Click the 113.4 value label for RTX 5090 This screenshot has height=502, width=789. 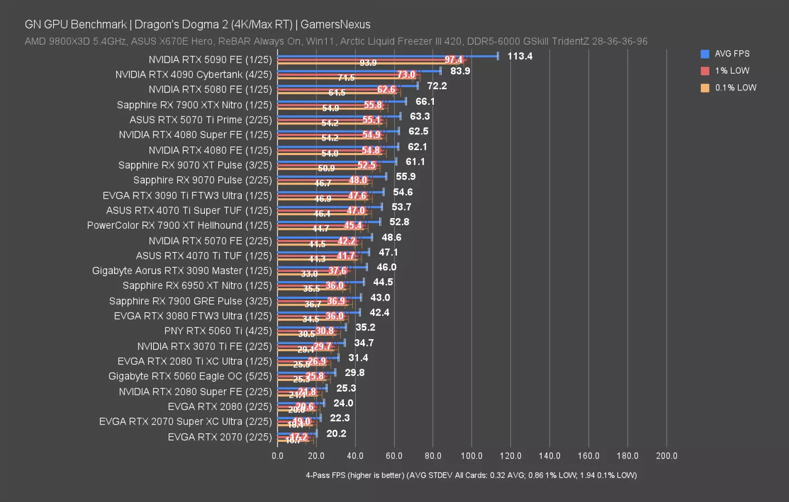tap(519, 56)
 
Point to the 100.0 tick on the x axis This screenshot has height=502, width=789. tap(471, 456)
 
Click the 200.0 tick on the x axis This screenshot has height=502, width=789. tap(666, 456)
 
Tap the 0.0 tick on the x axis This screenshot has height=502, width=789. tap(278, 456)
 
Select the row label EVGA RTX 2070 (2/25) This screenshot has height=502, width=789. tap(219, 437)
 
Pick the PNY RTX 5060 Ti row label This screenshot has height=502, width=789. tap(218, 331)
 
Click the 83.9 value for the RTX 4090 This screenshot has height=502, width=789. tap(460, 71)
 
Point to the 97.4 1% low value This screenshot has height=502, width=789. tap(453, 60)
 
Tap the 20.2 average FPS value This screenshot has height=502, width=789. tap(336, 433)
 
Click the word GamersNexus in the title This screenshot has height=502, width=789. tap(335, 25)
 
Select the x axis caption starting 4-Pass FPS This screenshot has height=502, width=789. tap(471, 475)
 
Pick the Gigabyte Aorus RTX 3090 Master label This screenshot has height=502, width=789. tap(182, 271)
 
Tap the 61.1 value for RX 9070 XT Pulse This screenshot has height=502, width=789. tap(415, 162)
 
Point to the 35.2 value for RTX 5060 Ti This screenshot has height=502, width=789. tap(365, 327)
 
